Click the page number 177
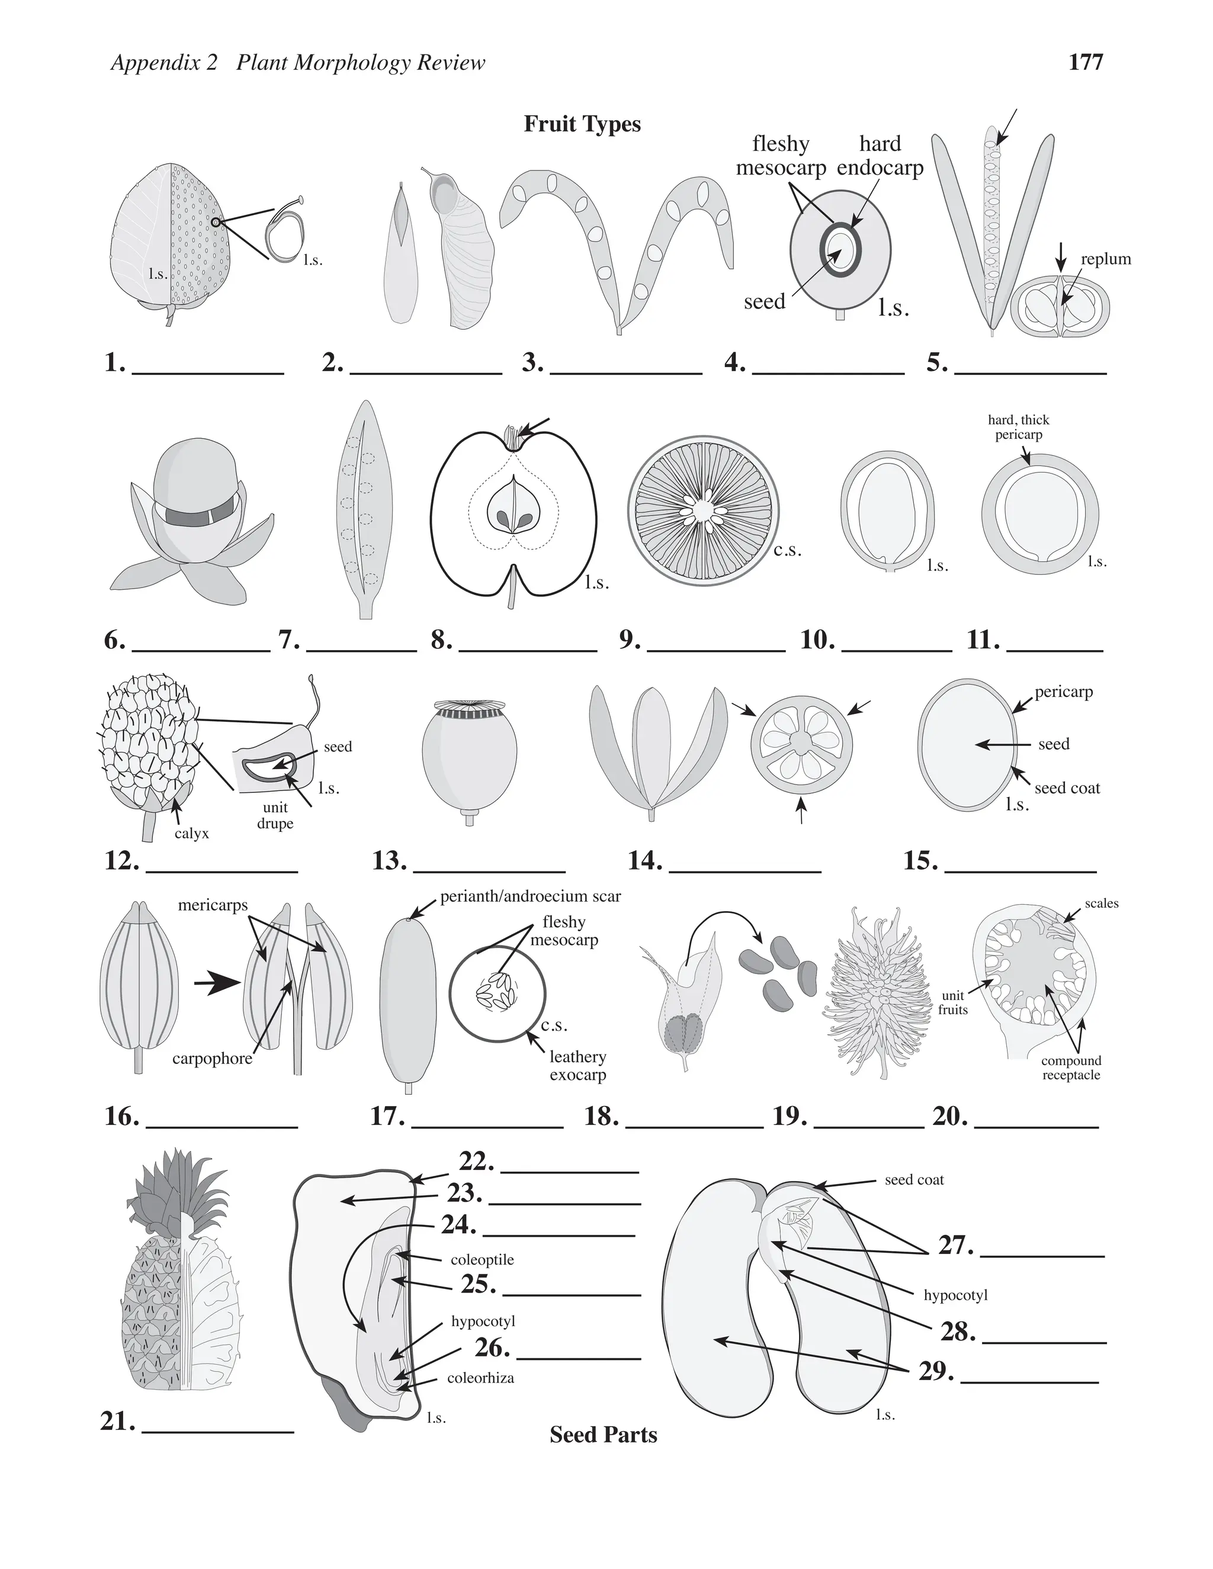click(1085, 63)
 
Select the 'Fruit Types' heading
click(582, 124)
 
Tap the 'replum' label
click(1105, 259)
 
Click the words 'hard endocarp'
click(880, 156)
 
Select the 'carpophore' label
click(212, 1058)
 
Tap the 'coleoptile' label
click(482, 1259)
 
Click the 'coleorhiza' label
click(480, 1378)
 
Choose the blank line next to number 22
click(569, 1172)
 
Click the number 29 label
click(936, 1371)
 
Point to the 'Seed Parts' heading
click(603, 1435)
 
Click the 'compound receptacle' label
click(1071, 1068)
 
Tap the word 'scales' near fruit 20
click(1101, 903)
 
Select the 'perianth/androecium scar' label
click(530, 896)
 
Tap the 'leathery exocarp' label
click(577, 1065)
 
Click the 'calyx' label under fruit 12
click(191, 834)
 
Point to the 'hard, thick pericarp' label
click(1018, 427)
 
